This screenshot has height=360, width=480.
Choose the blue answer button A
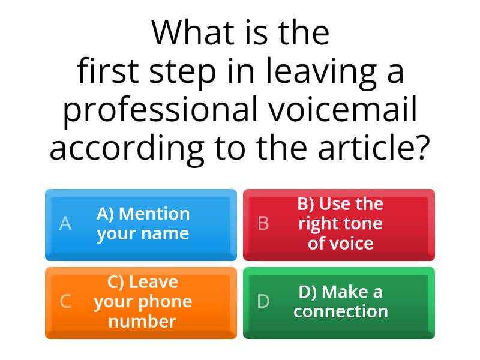[x=141, y=224]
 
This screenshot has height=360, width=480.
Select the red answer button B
[x=339, y=224]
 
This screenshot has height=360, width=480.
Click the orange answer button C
[x=141, y=302]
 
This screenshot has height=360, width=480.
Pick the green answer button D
[x=339, y=302]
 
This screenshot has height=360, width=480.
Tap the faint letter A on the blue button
[x=65, y=224]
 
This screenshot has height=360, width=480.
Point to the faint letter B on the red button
[x=263, y=224]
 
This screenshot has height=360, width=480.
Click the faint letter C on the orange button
[x=65, y=302]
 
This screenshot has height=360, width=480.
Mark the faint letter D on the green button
[x=263, y=302]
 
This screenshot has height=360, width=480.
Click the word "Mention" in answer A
[x=158, y=214]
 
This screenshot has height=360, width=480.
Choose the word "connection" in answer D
[x=341, y=312]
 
